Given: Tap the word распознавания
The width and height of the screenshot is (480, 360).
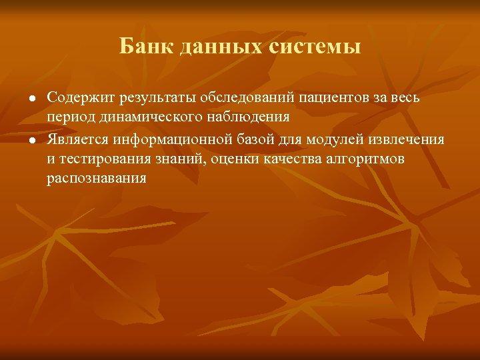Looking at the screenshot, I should click(x=96, y=179).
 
